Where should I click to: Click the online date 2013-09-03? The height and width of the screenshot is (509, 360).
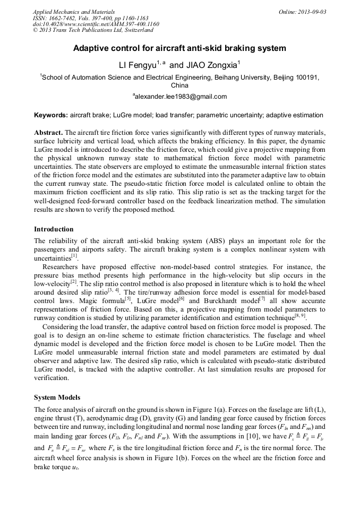[311, 11]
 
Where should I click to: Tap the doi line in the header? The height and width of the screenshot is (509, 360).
[96, 24]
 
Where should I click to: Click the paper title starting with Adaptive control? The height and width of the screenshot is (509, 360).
[179, 48]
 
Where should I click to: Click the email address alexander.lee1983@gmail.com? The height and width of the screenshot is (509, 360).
[181, 97]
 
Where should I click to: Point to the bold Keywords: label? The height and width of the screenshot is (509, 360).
[51, 115]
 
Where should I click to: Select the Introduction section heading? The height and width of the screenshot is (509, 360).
[54, 229]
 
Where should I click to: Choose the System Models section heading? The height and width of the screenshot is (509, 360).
[57, 398]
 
